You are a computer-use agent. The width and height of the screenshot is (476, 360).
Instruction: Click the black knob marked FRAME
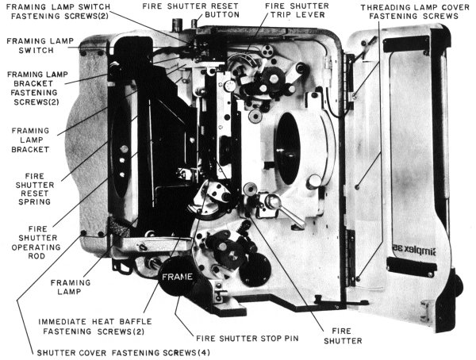coord(177,276)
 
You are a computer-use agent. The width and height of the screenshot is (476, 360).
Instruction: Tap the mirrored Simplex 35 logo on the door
coord(414,249)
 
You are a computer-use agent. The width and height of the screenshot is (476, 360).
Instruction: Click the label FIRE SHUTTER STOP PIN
coord(247,338)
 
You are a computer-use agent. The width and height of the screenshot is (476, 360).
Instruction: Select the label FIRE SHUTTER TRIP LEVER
coord(297,10)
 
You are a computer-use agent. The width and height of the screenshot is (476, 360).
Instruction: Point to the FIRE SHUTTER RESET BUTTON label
coord(190,10)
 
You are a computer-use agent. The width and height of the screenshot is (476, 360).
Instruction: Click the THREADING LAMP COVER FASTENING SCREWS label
coord(415,12)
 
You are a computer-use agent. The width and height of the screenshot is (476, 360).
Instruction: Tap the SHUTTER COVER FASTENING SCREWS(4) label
coord(123,353)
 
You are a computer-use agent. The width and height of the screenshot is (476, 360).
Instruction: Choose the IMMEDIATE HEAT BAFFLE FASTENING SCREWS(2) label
coord(94,327)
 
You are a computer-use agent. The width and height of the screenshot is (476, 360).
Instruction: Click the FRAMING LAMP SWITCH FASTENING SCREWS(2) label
coord(58,12)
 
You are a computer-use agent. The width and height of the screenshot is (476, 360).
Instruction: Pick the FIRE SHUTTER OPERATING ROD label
coord(36,242)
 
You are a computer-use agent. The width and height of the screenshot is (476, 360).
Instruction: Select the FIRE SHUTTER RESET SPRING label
coord(35,189)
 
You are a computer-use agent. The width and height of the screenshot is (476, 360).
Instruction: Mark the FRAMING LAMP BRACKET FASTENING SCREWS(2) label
coord(37,88)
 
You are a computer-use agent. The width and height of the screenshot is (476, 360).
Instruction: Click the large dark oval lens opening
coord(287,148)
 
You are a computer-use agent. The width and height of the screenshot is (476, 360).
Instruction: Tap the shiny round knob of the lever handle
coord(272,201)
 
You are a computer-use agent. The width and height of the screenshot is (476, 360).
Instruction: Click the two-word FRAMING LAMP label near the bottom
coord(71,287)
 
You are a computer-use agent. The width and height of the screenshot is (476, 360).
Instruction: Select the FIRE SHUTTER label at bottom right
coord(343,335)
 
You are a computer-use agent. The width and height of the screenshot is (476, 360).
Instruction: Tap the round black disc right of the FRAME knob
coord(255,270)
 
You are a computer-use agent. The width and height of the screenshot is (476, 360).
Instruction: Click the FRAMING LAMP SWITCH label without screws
coord(40,45)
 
